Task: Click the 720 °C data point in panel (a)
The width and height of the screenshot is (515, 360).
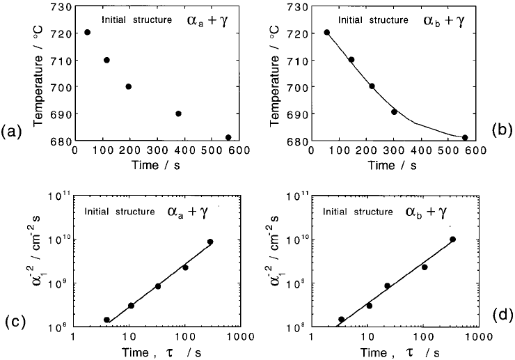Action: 87,33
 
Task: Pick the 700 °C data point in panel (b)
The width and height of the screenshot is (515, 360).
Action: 372,86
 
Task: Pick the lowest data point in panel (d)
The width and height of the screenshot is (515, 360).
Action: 342,320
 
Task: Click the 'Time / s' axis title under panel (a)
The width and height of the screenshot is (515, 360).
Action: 157,165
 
